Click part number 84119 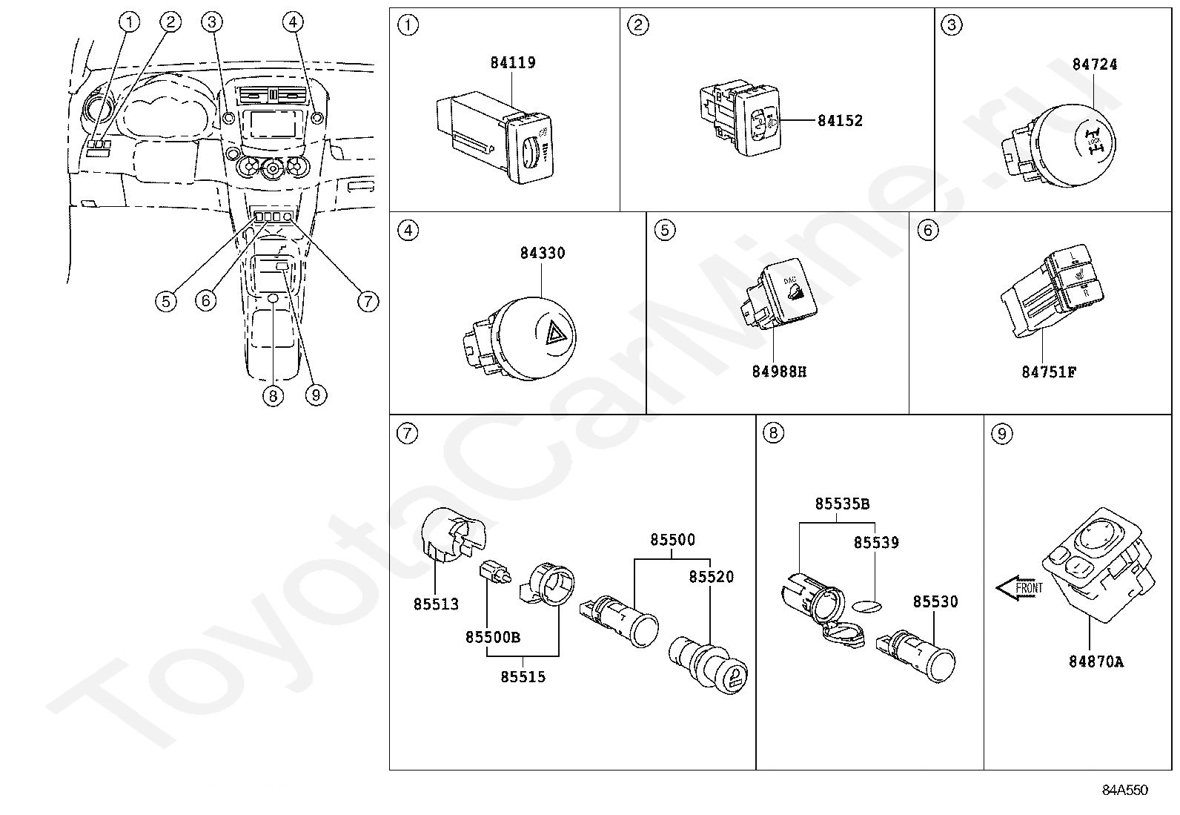[x=512, y=63]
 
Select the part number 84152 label [x=840, y=121]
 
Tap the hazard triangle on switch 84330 [x=555, y=337]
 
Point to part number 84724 [x=1094, y=65]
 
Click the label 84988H [x=778, y=372]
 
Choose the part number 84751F [x=1048, y=372]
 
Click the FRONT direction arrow [x=1019, y=589]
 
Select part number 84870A [x=1096, y=661]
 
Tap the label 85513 [x=436, y=604]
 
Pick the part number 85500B [x=492, y=637]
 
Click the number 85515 [x=523, y=676]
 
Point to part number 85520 [x=711, y=577]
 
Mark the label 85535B [x=842, y=504]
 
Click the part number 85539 [x=875, y=543]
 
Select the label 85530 [x=935, y=602]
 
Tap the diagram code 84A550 [x=1124, y=791]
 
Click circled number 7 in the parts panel [x=408, y=433]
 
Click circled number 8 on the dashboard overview [x=273, y=396]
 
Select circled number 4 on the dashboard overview [x=293, y=22]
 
